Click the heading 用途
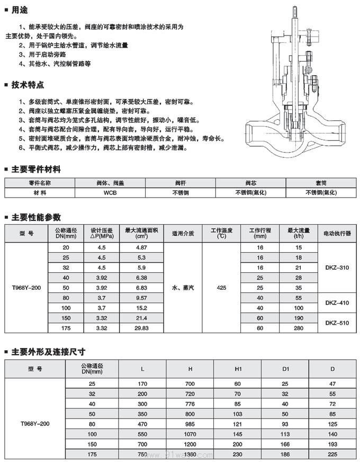point(20,10)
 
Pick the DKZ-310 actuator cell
point(337,268)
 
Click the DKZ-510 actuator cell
point(337,322)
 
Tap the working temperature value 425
point(222,288)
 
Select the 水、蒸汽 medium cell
point(183,288)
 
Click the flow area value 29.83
point(141,328)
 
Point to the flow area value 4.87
point(141,247)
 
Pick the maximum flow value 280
point(299,328)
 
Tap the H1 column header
point(238,369)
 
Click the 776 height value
point(190,404)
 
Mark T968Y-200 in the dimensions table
point(34,424)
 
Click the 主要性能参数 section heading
point(36,217)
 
